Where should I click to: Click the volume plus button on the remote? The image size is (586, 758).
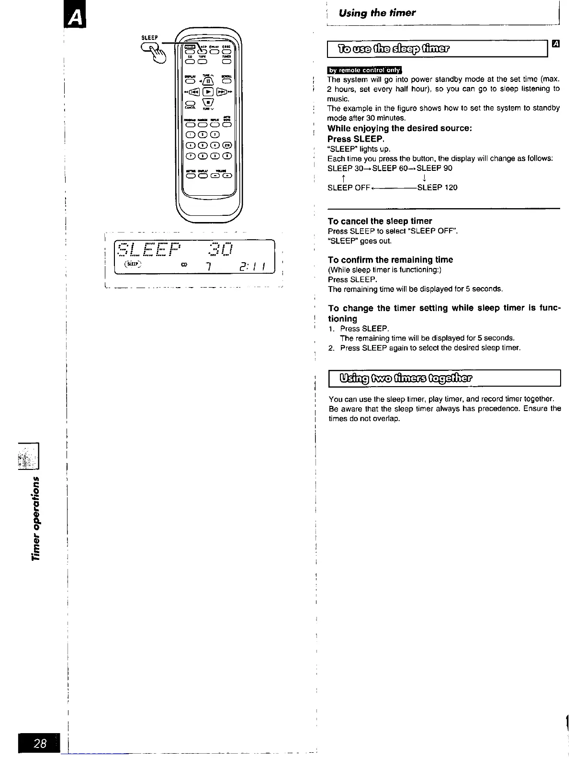[x=226, y=175]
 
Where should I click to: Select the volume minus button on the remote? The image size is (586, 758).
[x=215, y=175]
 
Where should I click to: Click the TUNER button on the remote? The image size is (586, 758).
[x=227, y=61]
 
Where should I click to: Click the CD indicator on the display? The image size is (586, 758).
[x=183, y=265]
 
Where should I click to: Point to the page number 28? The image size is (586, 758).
[x=40, y=743]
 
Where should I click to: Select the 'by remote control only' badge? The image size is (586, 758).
[x=365, y=70]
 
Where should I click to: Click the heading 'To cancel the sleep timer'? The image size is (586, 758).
[x=380, y=221]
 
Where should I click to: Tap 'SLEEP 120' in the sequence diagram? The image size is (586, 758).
[x=437, y=188]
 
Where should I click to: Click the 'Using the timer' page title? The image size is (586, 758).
[x=377, y=13]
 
